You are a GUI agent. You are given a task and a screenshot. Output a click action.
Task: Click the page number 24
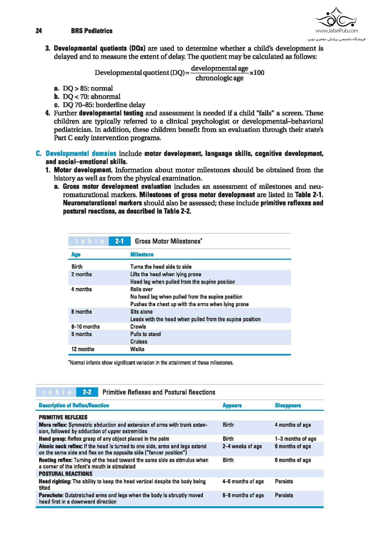(x=39, y=31)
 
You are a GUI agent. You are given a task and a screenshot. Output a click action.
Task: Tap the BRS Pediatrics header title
(x=92, y=31)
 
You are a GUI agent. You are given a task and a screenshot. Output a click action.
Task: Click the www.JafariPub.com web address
(x=337, y=31)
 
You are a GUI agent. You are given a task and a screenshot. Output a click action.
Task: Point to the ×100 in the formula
(x=257, y=73)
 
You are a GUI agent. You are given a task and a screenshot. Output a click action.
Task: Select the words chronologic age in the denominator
(x=219, y=78)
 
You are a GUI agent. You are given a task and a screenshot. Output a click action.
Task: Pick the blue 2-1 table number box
(x=119, y=241)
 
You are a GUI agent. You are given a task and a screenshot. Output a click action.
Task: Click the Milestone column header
(x=142, y=254)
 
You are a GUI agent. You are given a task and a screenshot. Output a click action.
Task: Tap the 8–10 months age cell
(x=85, y=327)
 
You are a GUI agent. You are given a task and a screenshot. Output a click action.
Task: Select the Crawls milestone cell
(x=138, y=327)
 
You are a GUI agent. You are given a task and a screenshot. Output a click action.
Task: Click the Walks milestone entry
(x=137, y=349)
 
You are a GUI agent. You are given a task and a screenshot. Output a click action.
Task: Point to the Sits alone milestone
(x=141, y=312)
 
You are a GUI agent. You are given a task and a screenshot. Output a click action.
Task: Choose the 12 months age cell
(x=83, y=349)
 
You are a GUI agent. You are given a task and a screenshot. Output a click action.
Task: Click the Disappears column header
(x=288, y=405)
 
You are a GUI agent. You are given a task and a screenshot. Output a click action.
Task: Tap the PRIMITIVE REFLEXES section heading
(x=63, y=417)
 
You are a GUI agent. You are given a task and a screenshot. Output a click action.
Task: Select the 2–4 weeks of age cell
(x=242, y=446)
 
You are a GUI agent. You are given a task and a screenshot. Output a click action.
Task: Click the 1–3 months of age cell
(x=295, y=439)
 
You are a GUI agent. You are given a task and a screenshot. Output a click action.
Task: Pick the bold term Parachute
(x=51, y=495)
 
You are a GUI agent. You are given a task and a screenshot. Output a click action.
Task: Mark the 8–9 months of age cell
(x=243, y=495)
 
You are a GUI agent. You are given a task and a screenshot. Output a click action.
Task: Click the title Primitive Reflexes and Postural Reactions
(x=159, y=392)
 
